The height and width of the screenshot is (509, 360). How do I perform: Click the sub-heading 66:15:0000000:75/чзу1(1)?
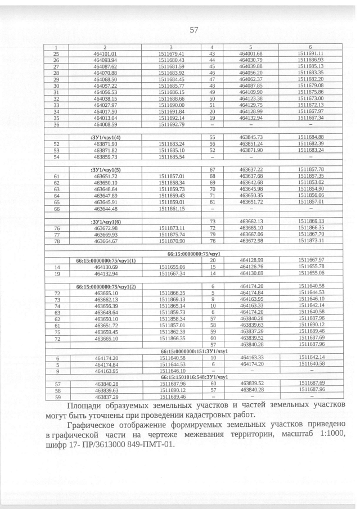(x=105, y=260)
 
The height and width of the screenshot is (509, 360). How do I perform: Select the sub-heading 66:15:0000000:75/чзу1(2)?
(x=105, y=287)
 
